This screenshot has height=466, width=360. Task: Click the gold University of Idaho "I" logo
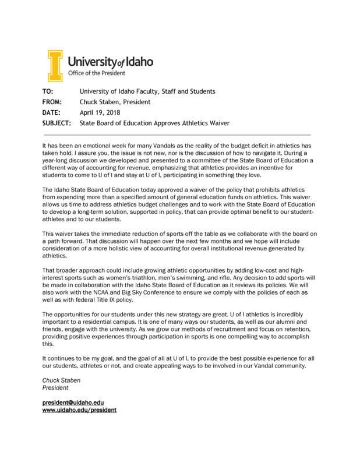tap(54, 65)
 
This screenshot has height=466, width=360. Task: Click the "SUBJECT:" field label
tap(57, 123)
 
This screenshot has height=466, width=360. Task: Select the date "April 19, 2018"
tap(99, 112)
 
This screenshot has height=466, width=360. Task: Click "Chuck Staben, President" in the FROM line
tap(115, 102)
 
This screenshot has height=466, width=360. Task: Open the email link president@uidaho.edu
tap(73, 403)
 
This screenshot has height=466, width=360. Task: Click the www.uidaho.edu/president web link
tap(79, 410)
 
